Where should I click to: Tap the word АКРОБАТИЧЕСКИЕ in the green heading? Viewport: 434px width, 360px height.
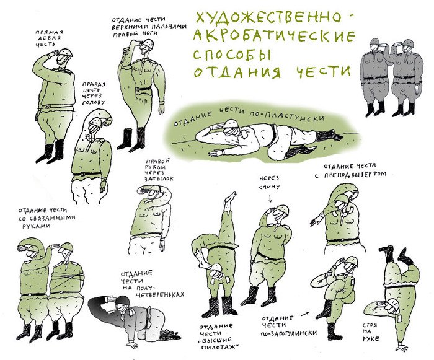point(274,37)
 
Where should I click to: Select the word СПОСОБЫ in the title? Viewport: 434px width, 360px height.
point(231,55)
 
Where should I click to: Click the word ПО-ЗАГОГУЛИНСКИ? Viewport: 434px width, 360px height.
point(289,333)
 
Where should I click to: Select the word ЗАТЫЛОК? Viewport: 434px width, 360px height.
point(159,178)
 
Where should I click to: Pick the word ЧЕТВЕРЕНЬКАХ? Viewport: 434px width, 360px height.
point(160,295)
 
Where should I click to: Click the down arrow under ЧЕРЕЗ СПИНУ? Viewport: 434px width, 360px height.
point(270,198)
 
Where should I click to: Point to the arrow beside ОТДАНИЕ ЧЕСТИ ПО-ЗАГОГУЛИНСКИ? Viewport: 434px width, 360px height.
point(304,314)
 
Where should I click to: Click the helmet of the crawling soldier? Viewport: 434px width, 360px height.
point(231,123)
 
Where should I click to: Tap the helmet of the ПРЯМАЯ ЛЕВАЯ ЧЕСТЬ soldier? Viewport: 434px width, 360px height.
point(66,53)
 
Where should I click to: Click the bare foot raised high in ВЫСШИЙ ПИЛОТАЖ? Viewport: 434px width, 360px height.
point(230,198)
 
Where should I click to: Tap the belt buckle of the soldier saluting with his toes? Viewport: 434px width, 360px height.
point(138,90)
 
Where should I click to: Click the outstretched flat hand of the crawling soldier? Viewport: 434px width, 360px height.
point(216,152)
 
